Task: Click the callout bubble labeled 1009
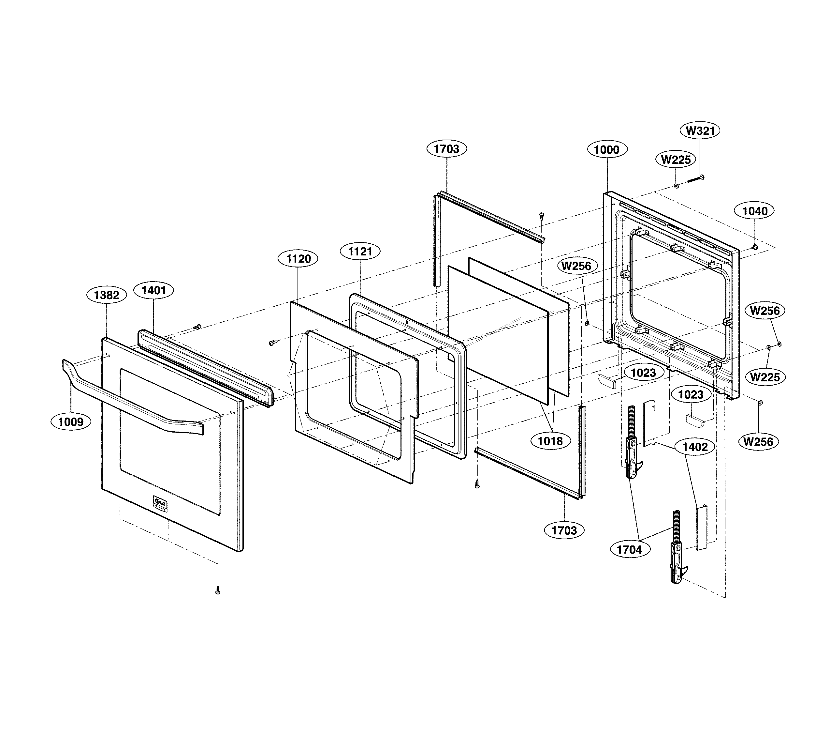point(71,421)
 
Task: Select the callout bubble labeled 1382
point(107,295)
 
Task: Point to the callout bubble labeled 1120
point(299,259)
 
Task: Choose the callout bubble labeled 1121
point(360,252)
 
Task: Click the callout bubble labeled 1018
point(550,441)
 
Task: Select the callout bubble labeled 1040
point(755,211)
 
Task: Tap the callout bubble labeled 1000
point(607,150)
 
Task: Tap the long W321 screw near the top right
point(695,180)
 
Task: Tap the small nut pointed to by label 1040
point(754,247)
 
